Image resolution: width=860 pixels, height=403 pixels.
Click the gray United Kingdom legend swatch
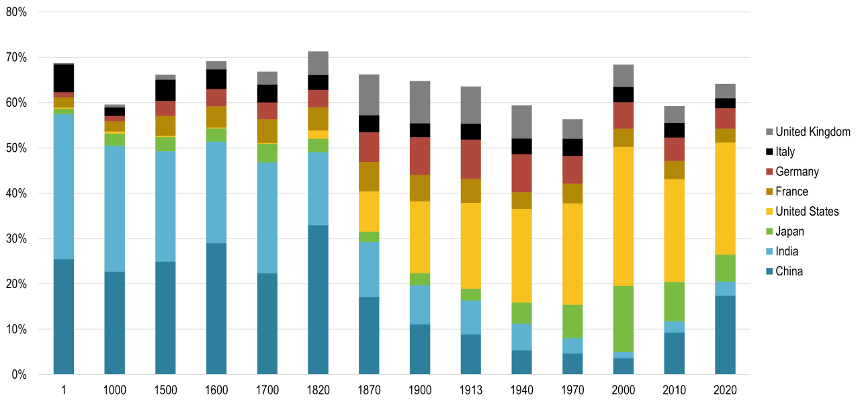(x=770, y=132)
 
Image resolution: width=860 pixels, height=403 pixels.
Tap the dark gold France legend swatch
(x=770, y=192)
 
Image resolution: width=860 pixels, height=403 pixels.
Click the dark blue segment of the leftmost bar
(x=64, y=316)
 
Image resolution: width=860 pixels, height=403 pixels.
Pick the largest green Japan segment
(x=623, y=318)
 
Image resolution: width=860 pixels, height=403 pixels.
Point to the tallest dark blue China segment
(x=318, y=300)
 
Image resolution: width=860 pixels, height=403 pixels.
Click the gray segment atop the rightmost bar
(x=725, y=91)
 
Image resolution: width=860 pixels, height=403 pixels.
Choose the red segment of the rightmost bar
(x=725, y=119)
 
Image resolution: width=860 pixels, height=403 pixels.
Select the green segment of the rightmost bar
(x=725, y=268)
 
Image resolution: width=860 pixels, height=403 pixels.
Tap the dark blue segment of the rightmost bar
(x=725, y=334)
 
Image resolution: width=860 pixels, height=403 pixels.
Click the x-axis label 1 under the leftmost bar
(x=64, y=388)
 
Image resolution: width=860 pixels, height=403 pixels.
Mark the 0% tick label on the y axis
(x=21, y=374)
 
